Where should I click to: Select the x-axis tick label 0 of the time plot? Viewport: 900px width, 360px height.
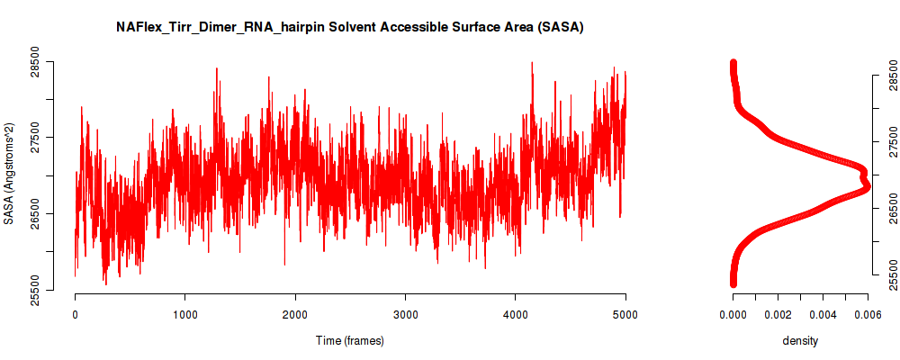pyautogui.click(x=76, y=314)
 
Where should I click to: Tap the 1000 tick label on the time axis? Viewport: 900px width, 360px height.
pyautogui.click(x=184, y=314)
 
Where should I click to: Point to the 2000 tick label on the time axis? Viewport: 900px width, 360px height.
pyautogui.click(x=295, y=314)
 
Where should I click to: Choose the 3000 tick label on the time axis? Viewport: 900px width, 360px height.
pyautogui.click(x=405, y=314)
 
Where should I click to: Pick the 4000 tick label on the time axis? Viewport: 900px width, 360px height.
pyautogui.click(x=516, y=314)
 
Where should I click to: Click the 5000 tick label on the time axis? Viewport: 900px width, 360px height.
pyautogui.click(x=625, y=314)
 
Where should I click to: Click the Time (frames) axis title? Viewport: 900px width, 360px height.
pyautogui.click(x=349, y=340)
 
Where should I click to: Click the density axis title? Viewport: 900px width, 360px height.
pyautogui.click(x=800, y=341)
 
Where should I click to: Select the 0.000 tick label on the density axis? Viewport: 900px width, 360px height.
pyautogui.click(x=733, y=314)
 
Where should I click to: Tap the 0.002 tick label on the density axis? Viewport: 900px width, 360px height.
pyautogui.click(x=778, y=314)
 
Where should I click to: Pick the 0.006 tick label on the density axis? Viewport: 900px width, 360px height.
pyautogui.click(x=868, y=314)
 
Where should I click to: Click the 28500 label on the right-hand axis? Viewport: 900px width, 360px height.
pyautogui.click(x=890, y=75)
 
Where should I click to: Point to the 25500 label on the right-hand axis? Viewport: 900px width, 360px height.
pyautogui.click(x=890, y=274)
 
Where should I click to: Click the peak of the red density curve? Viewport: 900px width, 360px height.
pyautogui.click(x=867, y=186)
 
